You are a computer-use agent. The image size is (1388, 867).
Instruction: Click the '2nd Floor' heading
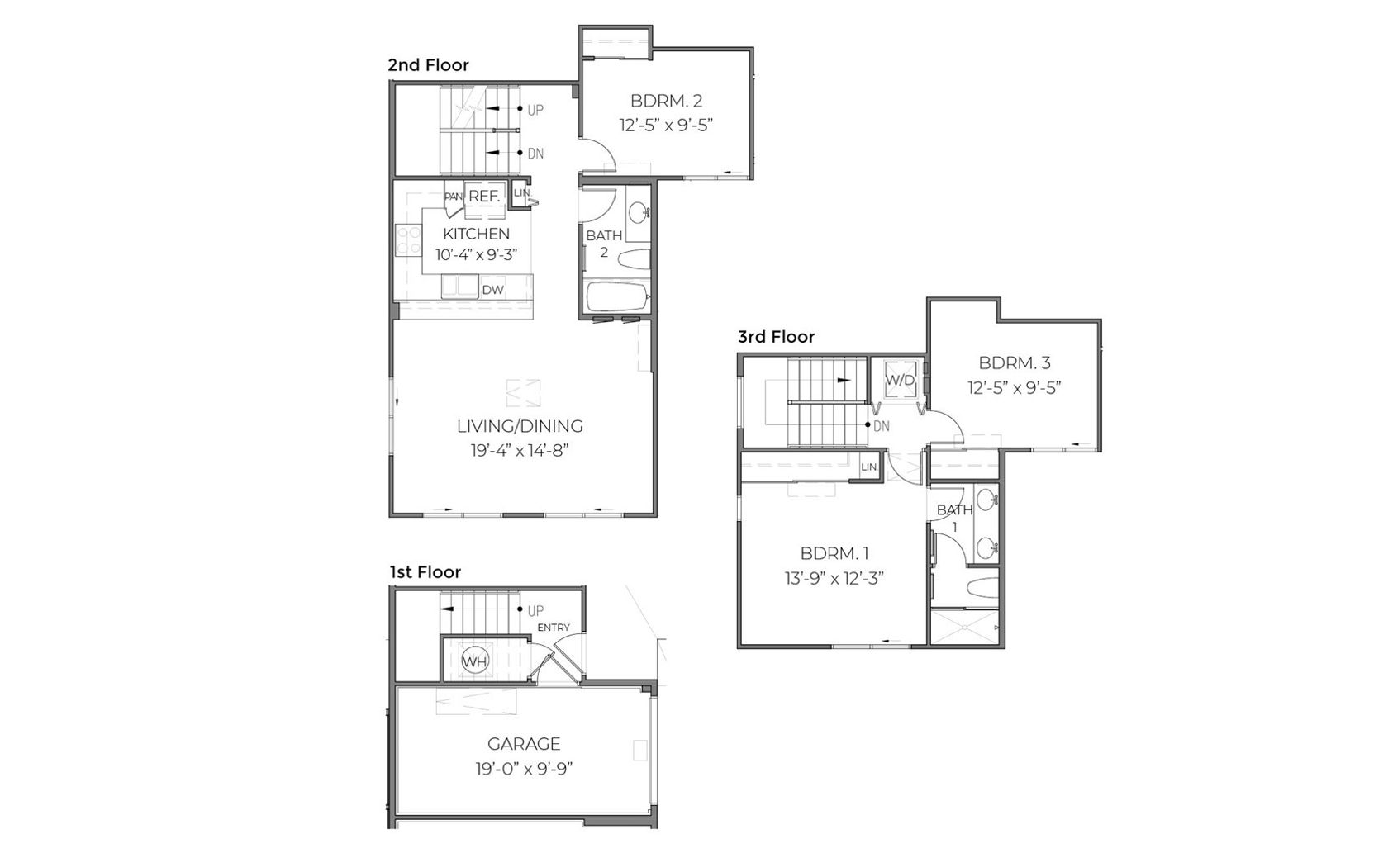click(428, 65)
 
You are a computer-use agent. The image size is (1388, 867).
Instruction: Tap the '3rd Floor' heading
click(776, 337)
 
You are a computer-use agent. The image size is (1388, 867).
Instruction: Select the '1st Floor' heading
click(425, 571)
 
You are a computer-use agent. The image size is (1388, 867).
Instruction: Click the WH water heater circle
click(475, 661)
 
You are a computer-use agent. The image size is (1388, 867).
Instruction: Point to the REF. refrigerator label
click(484, 197)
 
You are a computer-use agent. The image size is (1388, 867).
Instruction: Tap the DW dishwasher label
click(492, 290)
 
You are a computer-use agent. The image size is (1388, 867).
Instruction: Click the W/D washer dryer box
click(900, 380)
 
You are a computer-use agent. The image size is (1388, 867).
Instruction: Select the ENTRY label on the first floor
click(554, 628)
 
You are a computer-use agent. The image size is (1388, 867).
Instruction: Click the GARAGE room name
click(524, 743)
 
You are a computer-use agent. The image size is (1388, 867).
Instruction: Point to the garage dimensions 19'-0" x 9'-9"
click(524, 770)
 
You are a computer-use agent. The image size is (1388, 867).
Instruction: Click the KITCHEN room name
click(477, 234)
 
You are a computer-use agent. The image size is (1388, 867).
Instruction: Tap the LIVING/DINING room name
click(520, 426)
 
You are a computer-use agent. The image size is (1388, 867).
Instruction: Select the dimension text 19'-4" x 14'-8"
click(520, 450)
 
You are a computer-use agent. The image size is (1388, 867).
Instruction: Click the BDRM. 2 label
click(667, 101)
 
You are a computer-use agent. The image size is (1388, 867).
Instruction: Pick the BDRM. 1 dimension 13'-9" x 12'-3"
click(834, 578)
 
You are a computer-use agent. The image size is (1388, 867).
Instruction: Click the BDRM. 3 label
click(1015, 362)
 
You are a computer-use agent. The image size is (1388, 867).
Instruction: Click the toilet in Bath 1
click(982, 588)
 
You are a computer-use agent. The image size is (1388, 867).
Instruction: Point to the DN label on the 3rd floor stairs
click(881, 426)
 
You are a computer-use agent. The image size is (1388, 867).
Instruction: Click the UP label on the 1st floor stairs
click(535, 611)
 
